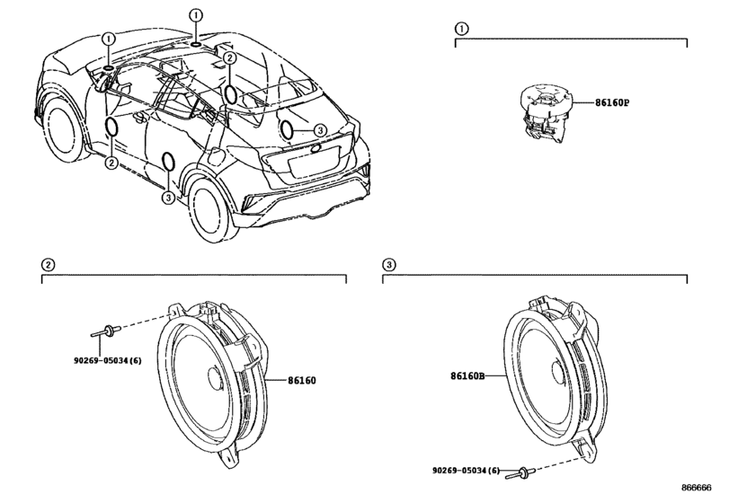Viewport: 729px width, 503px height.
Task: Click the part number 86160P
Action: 612,102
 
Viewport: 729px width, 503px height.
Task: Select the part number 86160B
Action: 467,375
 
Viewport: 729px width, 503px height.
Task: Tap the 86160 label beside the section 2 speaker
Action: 301,380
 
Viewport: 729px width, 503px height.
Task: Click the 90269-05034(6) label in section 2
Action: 107,360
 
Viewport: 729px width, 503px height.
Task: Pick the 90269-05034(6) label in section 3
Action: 467,471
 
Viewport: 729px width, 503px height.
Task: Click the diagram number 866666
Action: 697,487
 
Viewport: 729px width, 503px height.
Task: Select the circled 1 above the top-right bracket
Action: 461,29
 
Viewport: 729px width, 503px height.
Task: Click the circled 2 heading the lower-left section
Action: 48,265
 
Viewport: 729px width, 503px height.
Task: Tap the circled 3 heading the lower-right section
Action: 388,265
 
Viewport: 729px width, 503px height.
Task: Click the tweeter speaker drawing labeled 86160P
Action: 545,111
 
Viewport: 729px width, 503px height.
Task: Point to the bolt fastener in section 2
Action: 106,331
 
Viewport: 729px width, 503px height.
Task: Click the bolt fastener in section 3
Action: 520,472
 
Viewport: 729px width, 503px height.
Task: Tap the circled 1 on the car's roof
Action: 196,16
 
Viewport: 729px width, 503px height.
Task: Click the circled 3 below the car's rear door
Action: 168,198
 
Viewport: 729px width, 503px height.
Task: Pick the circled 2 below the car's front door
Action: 111,163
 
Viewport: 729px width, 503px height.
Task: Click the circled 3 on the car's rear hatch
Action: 320,131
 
